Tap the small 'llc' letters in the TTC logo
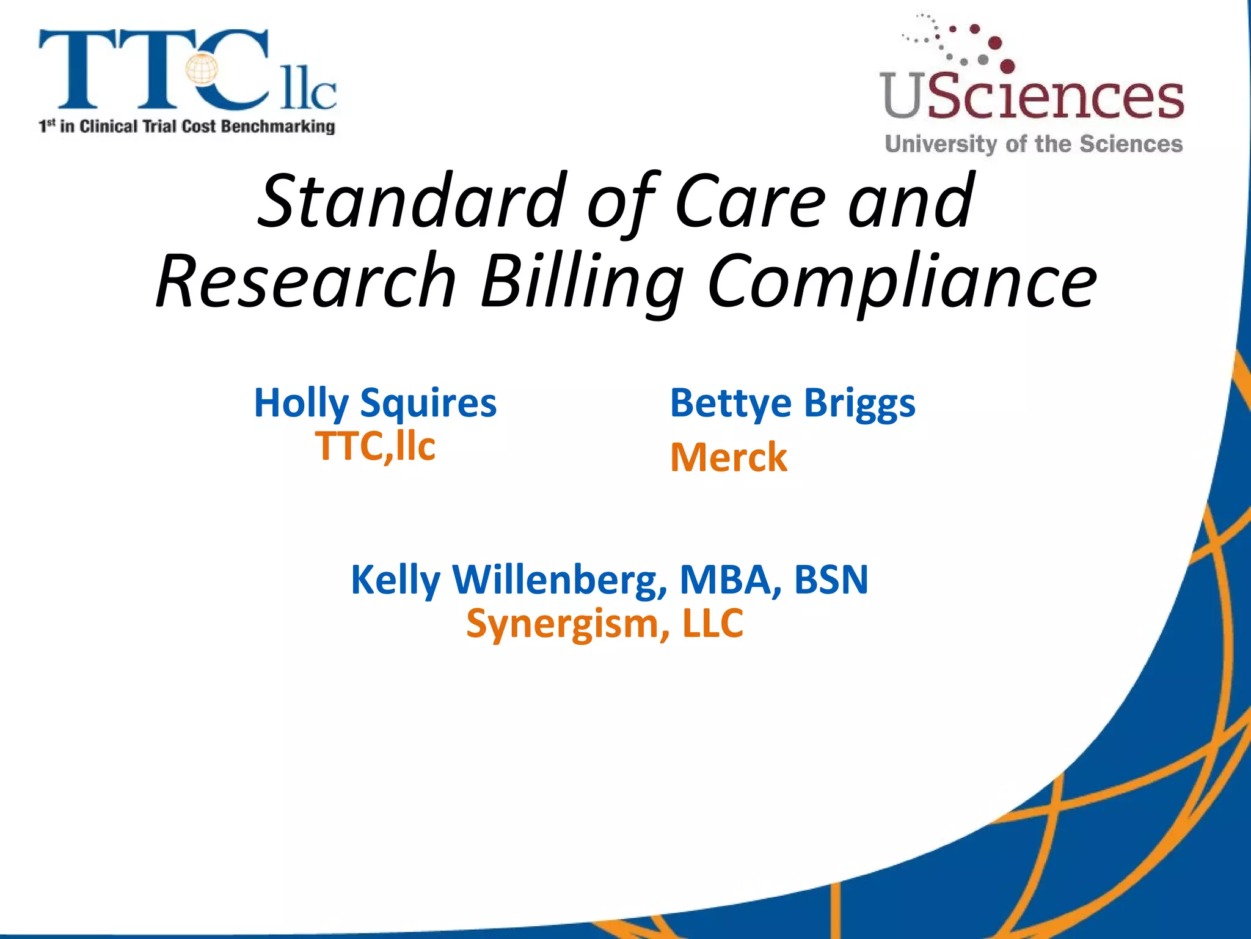point(308,92)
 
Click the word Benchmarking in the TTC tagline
point(278,127)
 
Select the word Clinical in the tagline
point(109,127)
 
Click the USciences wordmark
point(1032,97)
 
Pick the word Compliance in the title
point(902,281)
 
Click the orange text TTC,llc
point(375,446)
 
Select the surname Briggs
point(859,403)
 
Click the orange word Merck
point(729,457)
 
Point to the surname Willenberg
point(560,580)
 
